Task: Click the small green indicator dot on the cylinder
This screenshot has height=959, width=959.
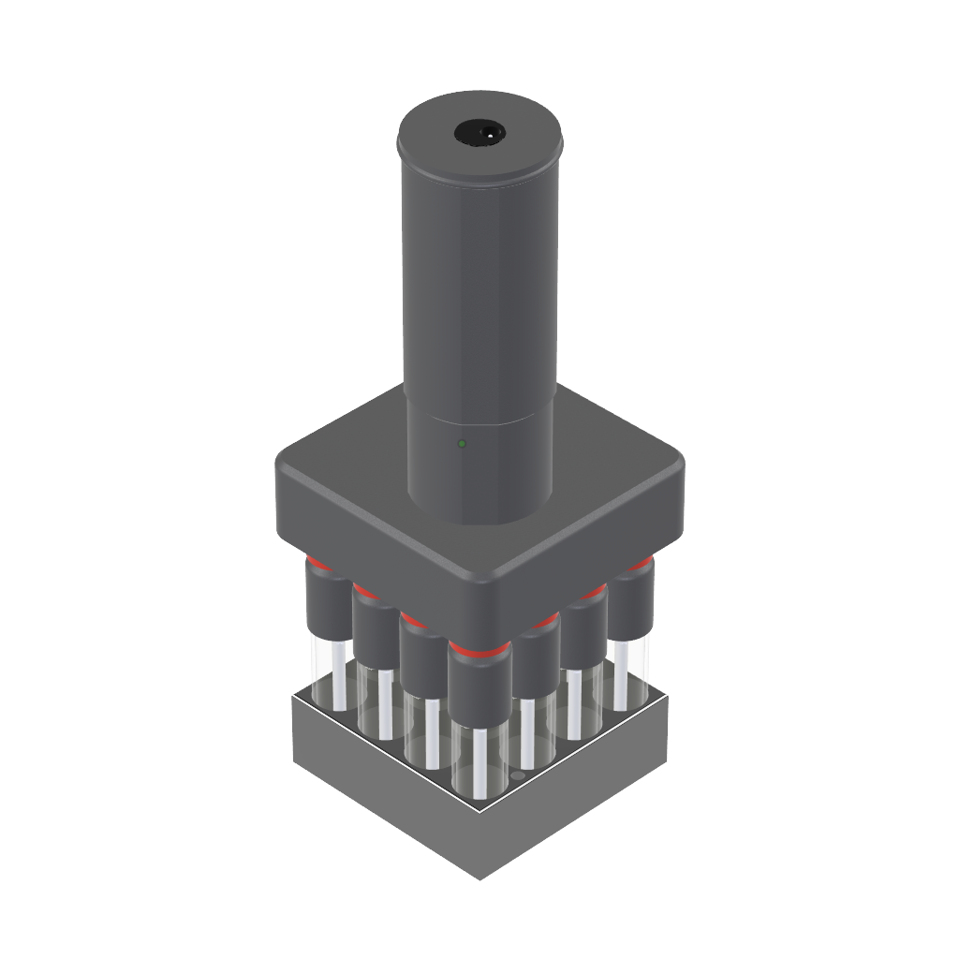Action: (460, 443)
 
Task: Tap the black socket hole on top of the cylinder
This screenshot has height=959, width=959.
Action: (479, 134)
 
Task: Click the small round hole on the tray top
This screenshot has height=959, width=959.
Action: (517, 779)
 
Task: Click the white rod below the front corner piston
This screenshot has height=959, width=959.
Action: (479, 763)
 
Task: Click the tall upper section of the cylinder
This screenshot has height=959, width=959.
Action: (479, 281)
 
